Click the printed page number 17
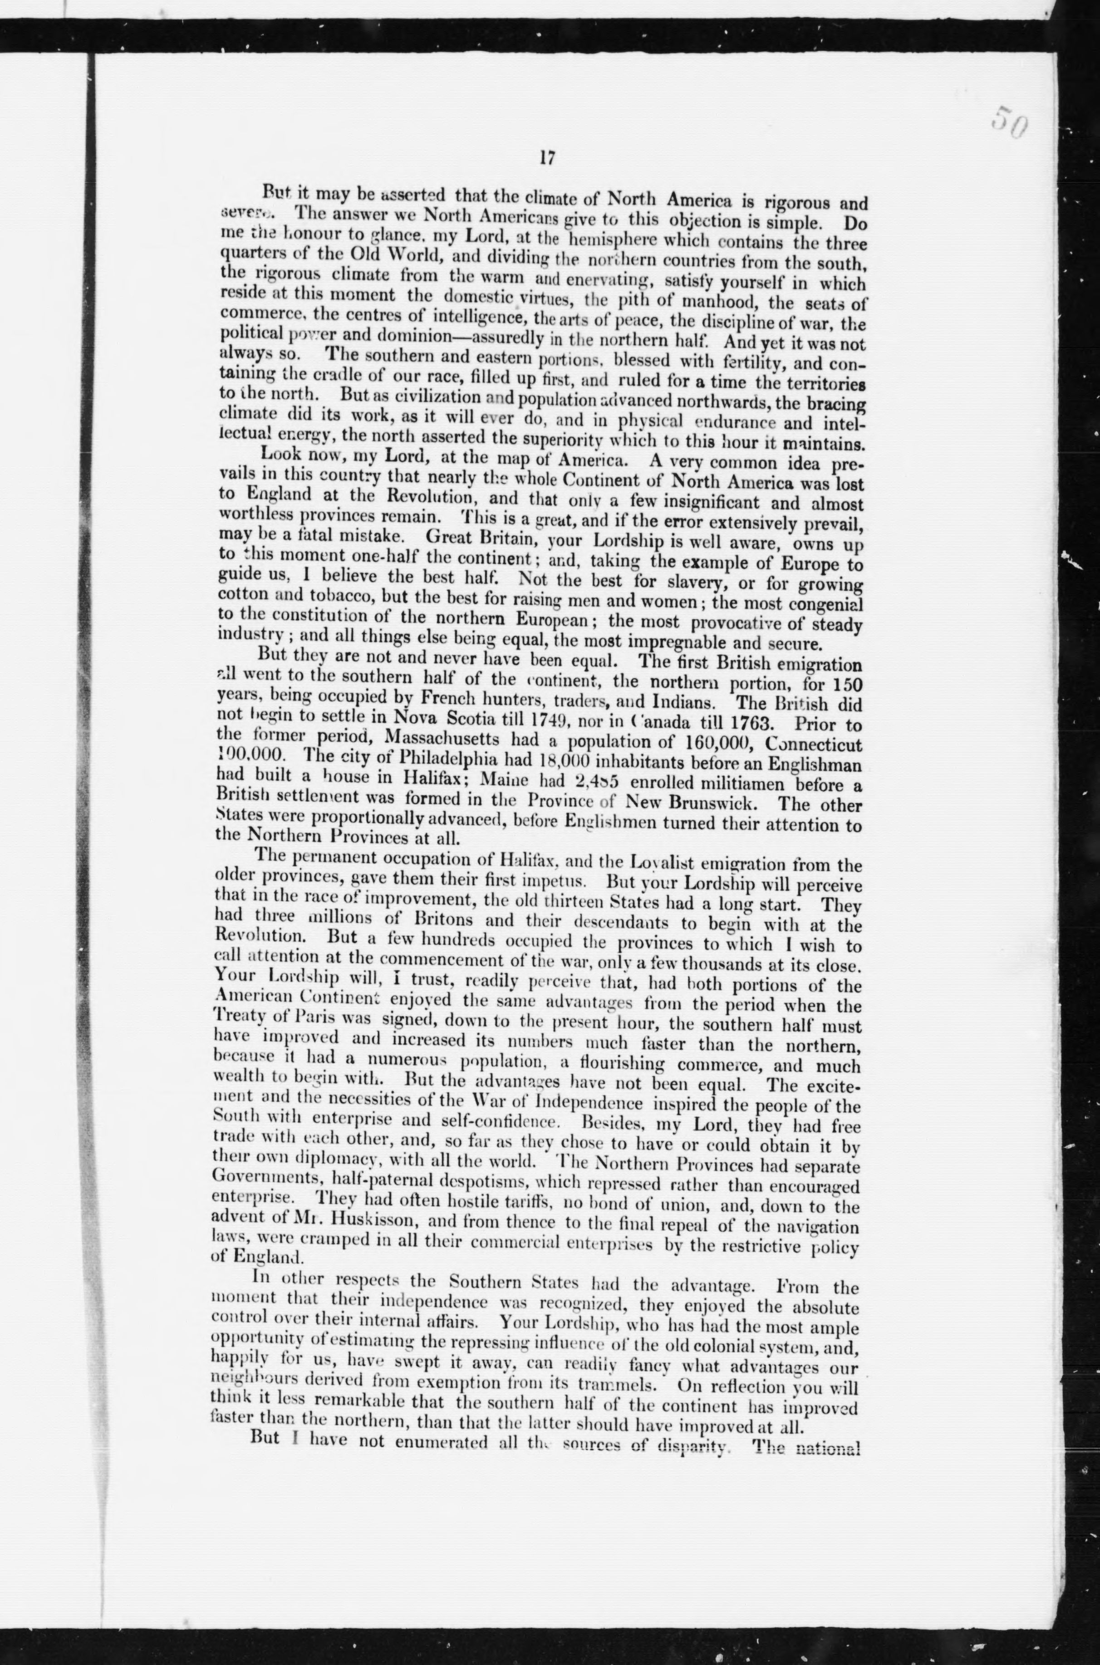click(x=548, y=158)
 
